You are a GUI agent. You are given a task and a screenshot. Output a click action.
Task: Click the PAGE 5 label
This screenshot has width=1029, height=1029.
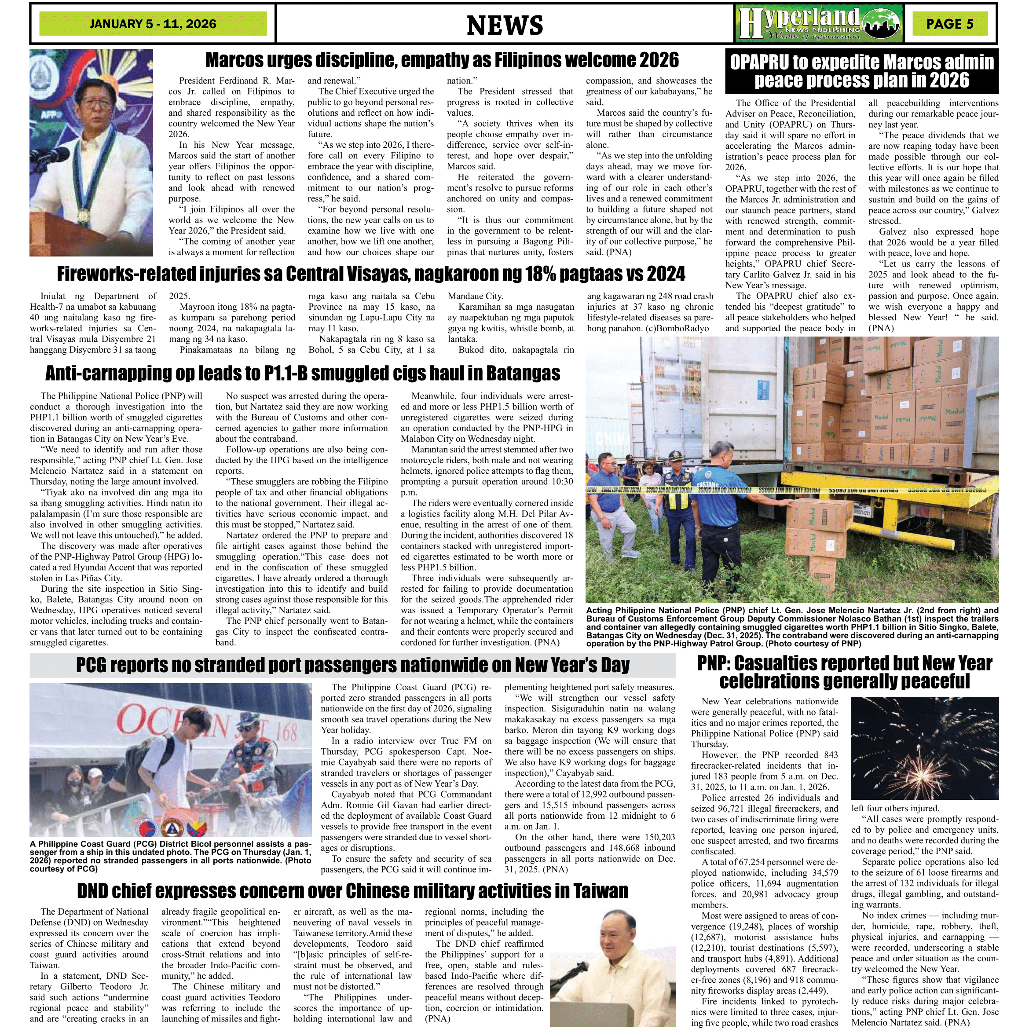click(x=950, y=24)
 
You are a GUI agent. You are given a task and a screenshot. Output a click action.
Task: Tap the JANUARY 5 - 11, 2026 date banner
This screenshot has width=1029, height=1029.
click(x=153, y=24)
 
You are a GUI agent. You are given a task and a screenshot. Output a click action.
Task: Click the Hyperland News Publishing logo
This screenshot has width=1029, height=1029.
click(x=820, y=24)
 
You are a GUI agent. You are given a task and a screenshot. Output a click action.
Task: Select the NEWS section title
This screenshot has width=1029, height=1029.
click(x=504, y=25)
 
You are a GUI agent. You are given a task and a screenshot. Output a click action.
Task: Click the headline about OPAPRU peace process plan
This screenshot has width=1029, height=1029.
click(x=861, y=71)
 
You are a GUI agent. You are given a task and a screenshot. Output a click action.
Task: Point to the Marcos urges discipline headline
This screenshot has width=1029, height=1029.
click(x=442, y=60)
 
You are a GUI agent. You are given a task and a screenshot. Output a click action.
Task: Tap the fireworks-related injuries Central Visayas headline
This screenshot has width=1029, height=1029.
click(x=371, y=274)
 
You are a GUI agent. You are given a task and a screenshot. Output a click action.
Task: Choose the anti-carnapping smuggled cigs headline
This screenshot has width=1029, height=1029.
click(x=303, y=374)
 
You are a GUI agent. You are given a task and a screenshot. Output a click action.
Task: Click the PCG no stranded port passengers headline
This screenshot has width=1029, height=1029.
click(x=352, y=665)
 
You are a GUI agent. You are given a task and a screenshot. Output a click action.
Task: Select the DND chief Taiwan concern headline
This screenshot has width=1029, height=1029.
click(x=352, y=890)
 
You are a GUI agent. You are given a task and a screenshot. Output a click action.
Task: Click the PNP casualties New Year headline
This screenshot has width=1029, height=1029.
click(x=845, y=672)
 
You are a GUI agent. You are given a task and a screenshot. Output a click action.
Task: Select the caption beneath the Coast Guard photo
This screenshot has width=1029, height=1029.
click(x=170, y=857)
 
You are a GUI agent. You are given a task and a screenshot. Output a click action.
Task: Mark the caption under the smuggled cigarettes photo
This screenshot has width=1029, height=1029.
click(x=791, y=627)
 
